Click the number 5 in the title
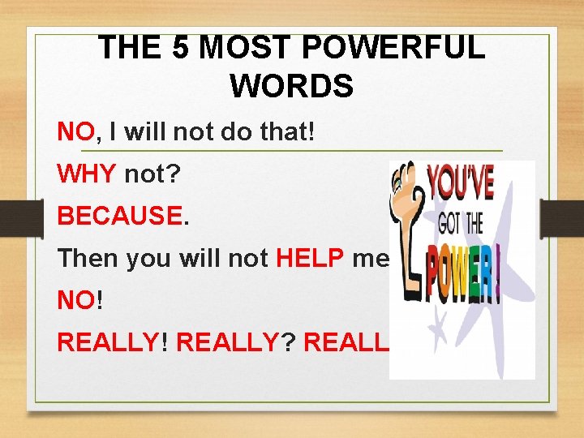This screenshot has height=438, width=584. (x=181, y=49)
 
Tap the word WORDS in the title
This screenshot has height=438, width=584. (x=291, y=84)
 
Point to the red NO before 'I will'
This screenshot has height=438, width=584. (x=76, y=132)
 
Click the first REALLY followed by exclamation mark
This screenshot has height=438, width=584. (x=107, y=343)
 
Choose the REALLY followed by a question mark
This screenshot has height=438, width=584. (x=226, y=343)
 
